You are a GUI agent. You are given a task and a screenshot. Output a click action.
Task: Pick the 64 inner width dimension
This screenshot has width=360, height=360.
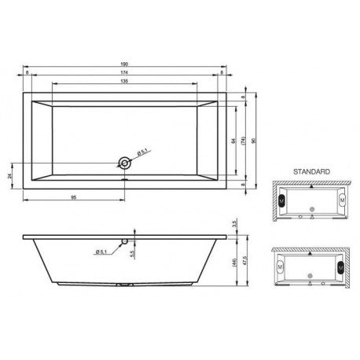pyautogui.click(x=233, y=140)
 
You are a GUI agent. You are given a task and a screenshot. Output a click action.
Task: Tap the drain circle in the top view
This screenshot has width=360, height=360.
pyautogui.click(x=123, y=163)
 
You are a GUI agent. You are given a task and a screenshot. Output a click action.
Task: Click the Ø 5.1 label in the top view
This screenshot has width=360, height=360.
pyautogui.click(x=142, y=152)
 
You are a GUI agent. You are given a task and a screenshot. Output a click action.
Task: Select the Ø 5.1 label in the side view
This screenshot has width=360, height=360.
pyautogui.click(x=102, y=252)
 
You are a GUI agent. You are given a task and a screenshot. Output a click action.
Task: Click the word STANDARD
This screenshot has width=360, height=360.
pyautogui.click(x=310, y=170)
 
